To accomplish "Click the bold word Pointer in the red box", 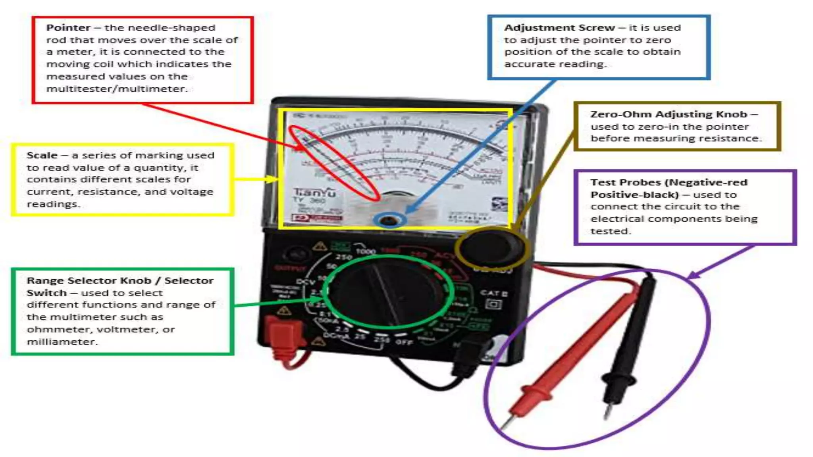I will click(68, 28).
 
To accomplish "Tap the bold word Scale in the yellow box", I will click(42, 156).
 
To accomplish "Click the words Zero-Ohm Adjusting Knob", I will click(669, 115).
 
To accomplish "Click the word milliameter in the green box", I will click(62, 342).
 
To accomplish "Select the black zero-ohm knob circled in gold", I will click(491, 248).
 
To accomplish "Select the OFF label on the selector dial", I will click(404, 342).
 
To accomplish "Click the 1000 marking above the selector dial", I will click(365, 251).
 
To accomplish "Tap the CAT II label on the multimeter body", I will click(493, 294).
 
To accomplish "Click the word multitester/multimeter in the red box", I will click(116, 89).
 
